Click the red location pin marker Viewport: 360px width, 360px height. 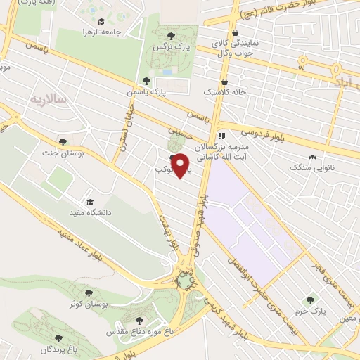181,165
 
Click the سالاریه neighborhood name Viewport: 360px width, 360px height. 49,101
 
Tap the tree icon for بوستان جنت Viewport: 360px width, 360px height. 63,142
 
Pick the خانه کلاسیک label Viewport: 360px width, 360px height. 221,92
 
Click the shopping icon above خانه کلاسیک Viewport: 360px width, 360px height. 224,81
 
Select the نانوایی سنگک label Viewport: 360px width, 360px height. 314,169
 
